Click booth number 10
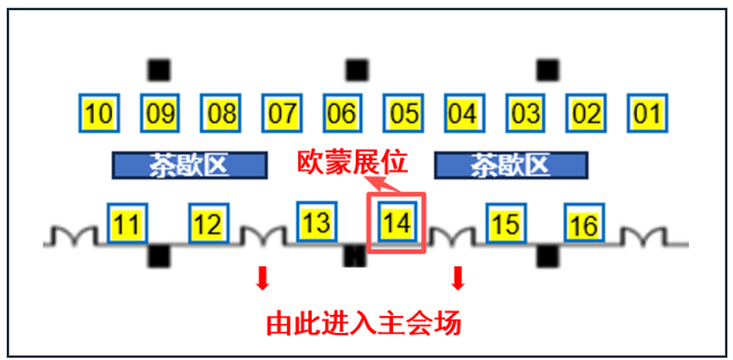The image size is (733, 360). coord(99,114)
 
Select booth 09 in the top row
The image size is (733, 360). coord(160,114)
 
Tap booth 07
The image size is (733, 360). coord(282,114)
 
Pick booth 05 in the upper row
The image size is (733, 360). coord(403,114)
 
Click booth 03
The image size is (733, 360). coord(526,114)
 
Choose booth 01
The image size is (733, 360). coord(647,114)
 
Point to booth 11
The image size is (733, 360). coord(128,223)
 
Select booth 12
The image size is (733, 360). coord(209,223)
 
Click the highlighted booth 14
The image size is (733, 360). coord(397,222)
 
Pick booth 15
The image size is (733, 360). coord(506,223)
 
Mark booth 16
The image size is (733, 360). coord(585,223)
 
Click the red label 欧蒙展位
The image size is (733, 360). coord(353,163)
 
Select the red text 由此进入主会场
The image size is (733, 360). coord(364,324)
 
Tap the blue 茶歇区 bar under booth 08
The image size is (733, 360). coord(189,165)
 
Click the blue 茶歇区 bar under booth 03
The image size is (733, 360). coord(511,165)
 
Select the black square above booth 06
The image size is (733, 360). coord(358,70)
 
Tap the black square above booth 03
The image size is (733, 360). coord(548,70)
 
